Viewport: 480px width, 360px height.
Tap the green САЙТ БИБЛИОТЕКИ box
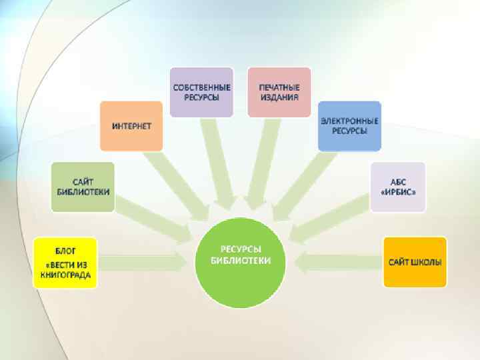pos(83,187)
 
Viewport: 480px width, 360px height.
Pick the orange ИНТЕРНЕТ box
pos(131,125)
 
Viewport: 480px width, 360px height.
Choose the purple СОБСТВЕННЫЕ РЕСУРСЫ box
pos(201,92)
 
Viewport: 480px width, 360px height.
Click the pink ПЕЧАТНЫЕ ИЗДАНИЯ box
pos(279,92)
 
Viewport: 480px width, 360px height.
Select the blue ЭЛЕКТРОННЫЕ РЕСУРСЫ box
pos(349,125)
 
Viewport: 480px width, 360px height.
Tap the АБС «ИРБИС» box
pos(398,187)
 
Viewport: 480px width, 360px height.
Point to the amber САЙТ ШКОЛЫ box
pos(415,262)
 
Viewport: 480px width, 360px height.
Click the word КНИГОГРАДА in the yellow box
pos(65,274)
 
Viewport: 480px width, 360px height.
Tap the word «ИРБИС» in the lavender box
pos(398,193)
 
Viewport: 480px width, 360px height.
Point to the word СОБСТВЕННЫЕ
pos(201,87)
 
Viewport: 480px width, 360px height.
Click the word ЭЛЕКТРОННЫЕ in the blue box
pos(349,121)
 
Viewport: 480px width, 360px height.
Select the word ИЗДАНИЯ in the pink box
pos(279,97)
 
